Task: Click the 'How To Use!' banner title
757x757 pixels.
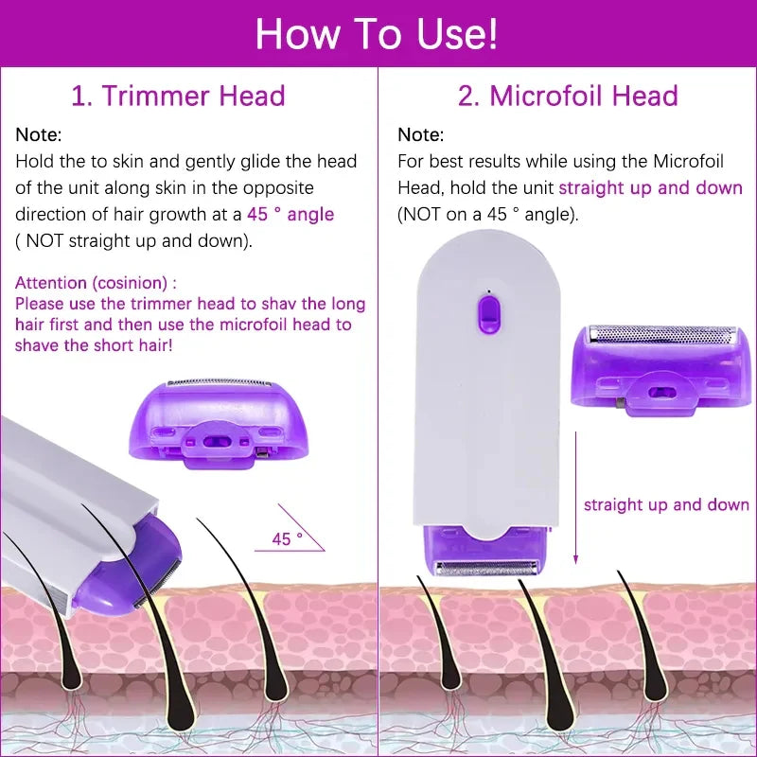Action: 377,34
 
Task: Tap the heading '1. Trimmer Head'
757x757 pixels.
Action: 179,96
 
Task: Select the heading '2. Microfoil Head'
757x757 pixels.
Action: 568,96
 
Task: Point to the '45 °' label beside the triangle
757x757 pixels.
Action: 287,539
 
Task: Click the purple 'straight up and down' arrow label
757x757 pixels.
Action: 666,504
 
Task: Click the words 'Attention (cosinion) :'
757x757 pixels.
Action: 96,282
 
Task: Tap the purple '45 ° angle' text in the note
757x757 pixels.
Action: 290,215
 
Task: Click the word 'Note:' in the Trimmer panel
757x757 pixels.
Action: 39,134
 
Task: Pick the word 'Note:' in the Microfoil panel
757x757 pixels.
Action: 420,134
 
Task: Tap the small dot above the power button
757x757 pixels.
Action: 487,290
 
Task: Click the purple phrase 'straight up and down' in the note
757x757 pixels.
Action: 650,187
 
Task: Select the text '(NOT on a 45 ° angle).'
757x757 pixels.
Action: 487,215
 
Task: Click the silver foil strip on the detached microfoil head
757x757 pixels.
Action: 661,334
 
